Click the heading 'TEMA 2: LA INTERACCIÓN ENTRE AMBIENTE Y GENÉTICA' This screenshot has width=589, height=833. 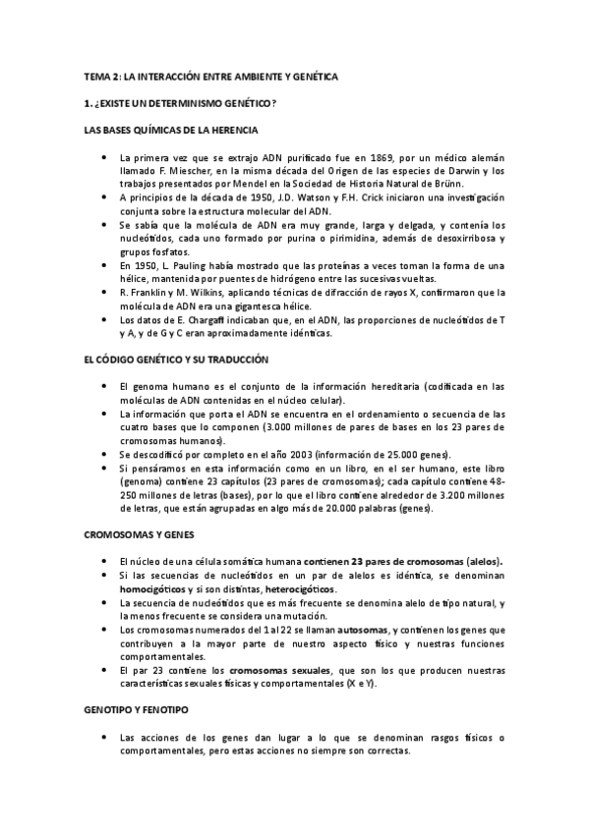point(209,76)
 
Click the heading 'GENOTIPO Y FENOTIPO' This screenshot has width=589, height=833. point(139,707)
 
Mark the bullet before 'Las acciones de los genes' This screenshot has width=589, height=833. point(102,737)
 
